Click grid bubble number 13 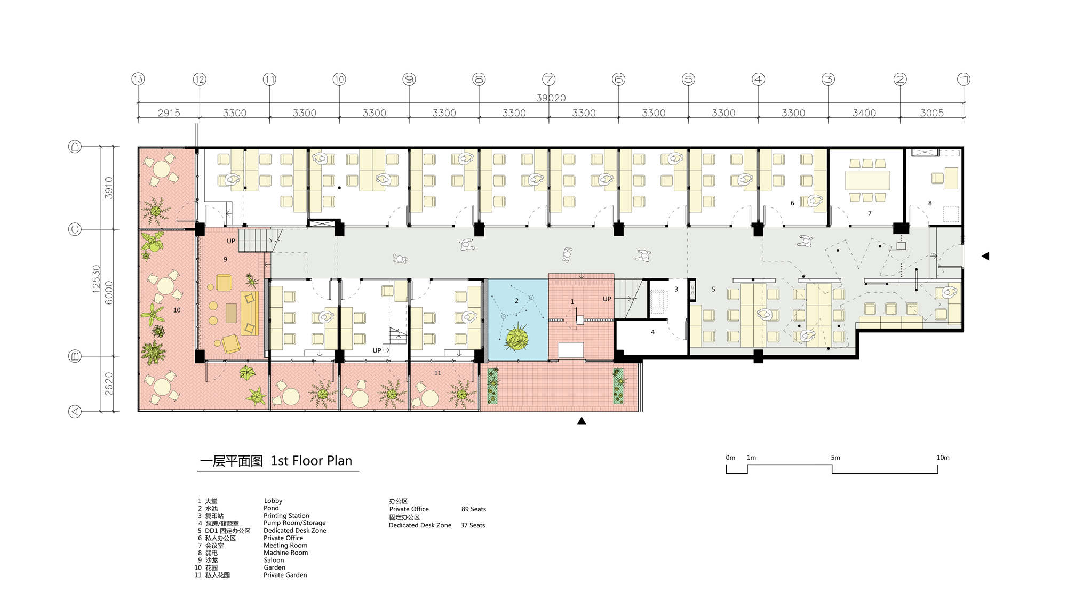click(x=138, y=79)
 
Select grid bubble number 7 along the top click(x=548, y=79)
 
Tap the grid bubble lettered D click(x=75, y=147)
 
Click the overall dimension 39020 click(x=551, y=98)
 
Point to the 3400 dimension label click(x=864, y=113)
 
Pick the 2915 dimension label click(x=169, y=113)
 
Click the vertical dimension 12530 click(x=96, y=278)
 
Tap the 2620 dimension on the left click(x=109, y=383)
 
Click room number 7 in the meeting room click(x=870, y=213)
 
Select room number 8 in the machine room click(x=930, y=203)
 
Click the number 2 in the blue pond click(x=516, y=301)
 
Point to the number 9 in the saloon click(x=225, y=260)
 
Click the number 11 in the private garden click(x=437, y=373)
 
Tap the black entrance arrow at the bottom click(x=582, y=421)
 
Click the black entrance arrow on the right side click(x=985, y=256)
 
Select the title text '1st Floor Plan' click(x=311, y=461)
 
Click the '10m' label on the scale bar click(x=943, y=458)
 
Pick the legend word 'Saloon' click(x=274, y=560)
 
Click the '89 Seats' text click(x=474, y=509)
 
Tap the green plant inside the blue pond click(x=516, y=338)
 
